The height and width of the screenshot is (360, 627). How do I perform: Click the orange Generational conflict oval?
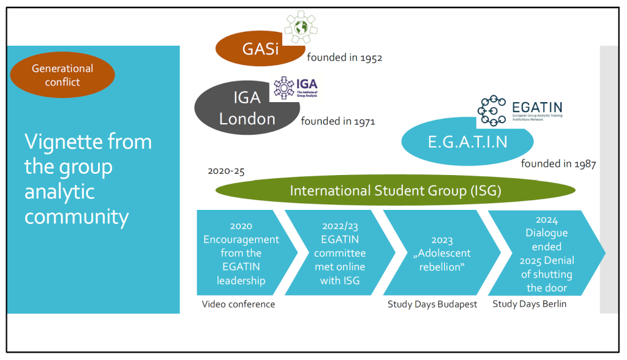tap(62, 75)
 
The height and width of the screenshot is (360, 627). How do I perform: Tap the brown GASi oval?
tap(260, 48)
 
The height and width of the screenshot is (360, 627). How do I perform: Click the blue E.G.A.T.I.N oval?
tap(468, 142)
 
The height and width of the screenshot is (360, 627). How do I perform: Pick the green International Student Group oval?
tap(395, 191)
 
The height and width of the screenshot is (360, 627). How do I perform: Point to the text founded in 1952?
tap(344, 58)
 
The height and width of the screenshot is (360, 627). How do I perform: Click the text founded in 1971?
tap(338, 121)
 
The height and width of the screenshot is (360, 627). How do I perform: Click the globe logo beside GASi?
tap(301, 28)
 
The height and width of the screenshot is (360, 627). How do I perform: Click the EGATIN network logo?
tap(519, 111)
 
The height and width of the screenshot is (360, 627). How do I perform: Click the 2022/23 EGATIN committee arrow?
tap(339, 253)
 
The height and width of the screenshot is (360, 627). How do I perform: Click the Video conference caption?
tap(239, 304)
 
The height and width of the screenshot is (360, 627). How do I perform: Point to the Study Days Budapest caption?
tap(432, 304)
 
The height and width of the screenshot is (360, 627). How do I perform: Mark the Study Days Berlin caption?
tap(529, 304)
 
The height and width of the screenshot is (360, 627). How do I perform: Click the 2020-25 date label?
tap(226, 171)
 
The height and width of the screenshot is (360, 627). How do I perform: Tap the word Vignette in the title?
tap(59, 143)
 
